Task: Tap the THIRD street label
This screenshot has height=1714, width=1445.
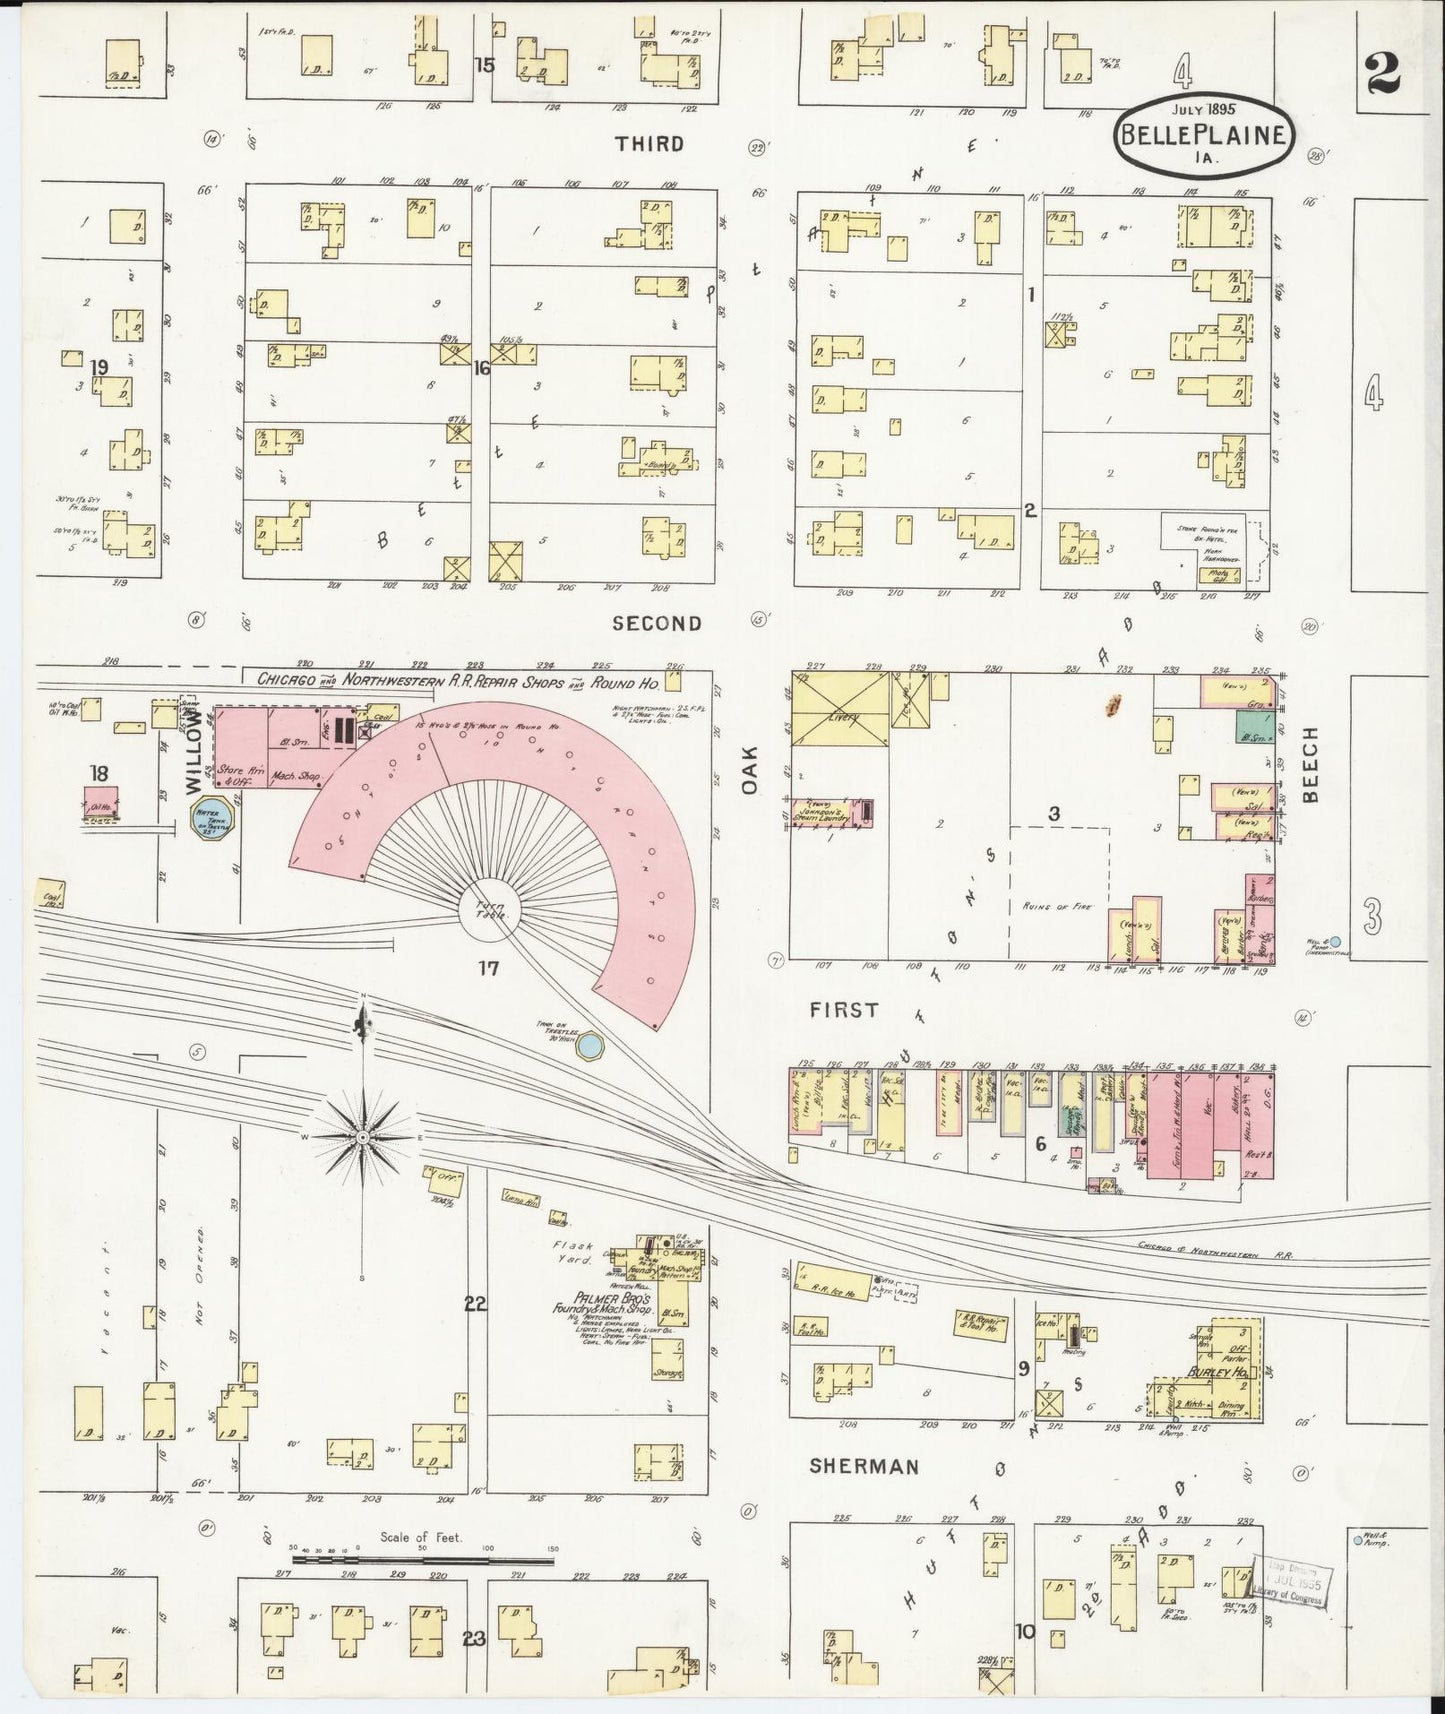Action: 649,144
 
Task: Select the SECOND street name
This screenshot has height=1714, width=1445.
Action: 657,623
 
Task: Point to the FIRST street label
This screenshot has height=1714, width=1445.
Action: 844,1010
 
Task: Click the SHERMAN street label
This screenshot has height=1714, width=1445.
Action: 864,1466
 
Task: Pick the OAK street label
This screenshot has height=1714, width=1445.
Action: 751,772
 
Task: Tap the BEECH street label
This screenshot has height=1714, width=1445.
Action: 1311,765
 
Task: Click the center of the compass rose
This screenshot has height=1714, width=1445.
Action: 363,1138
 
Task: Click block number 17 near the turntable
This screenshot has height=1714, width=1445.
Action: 488,967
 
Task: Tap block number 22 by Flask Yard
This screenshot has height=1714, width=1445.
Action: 475,1303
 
